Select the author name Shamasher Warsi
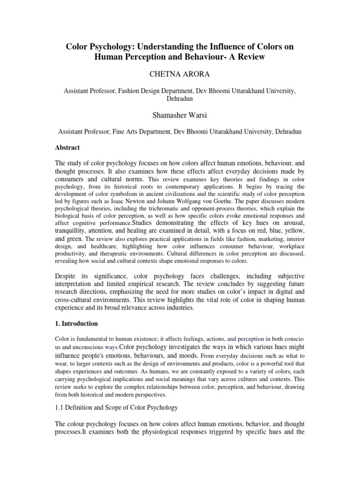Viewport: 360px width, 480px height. (x=180, y=116)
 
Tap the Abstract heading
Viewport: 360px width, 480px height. (x=67, y=148)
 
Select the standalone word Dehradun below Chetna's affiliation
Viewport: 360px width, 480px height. (x=180, y=99)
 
